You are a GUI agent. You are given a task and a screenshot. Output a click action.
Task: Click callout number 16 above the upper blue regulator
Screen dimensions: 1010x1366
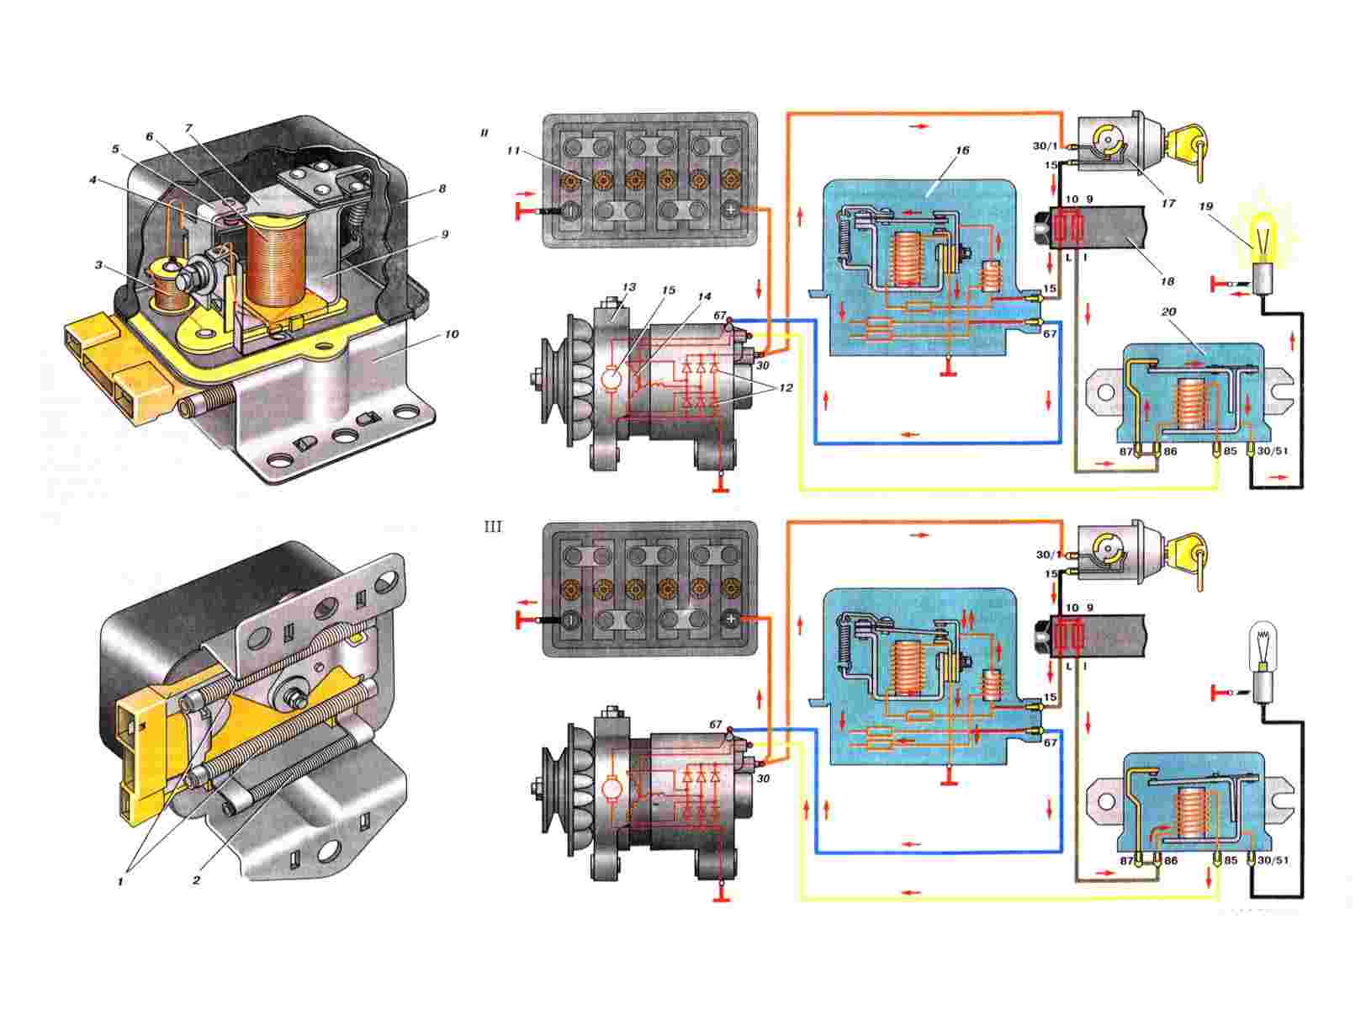pyautogui.click(x=963, y=151)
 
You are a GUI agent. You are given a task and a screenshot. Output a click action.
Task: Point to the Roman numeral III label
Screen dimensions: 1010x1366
pyautogui.click(x=493, y=528)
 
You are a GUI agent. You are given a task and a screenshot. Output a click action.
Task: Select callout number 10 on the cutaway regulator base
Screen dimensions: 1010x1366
pyautogui.click(x=452, y=334)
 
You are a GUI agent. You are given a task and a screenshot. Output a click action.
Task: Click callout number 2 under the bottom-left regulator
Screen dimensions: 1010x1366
pyautogui.click(x=196, y=882)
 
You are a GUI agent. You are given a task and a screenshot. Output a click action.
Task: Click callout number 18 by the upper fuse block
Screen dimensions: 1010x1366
pyautogui.click(x=1167, y=282)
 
